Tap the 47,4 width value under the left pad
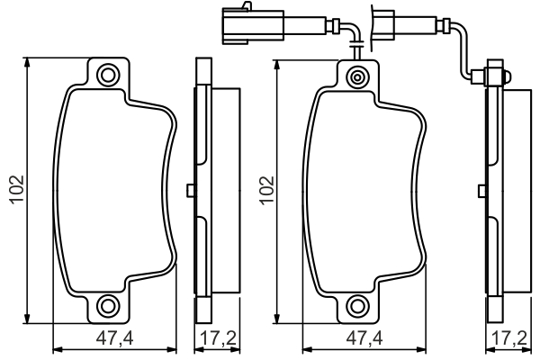coord(115,339)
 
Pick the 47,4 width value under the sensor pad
coord(365,339)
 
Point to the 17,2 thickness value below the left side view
coord(215,339)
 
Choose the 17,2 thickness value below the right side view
coord(506,339)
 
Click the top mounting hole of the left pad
coord(108,75)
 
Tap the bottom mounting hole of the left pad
coord(108,306)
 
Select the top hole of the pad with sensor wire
coord(358,76)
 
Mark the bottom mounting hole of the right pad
coord(358,306)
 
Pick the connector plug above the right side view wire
coord(388,22)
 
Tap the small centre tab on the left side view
coord(189,189)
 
